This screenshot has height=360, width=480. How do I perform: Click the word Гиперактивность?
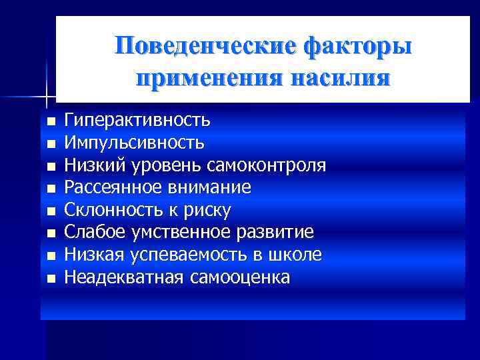[x=137, y=121]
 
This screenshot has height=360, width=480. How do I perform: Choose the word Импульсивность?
[x=134, y=143]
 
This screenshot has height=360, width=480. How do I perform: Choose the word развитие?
[x=279, y=233]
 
